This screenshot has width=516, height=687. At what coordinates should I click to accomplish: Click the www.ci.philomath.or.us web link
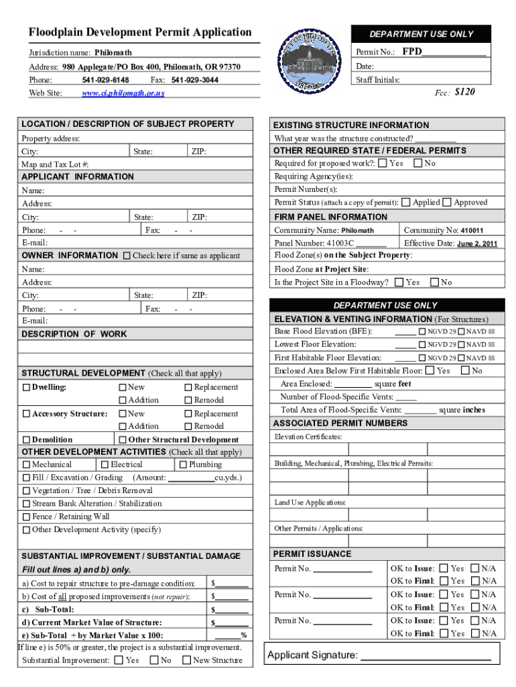(x=123, y=93)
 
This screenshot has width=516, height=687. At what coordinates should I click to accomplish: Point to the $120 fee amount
(x=464, y=92)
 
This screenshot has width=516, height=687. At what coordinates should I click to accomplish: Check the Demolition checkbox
(x=26, y=440)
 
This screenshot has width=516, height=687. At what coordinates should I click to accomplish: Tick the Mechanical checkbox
(x=26, y=464)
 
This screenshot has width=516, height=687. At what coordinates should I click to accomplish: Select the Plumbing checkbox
(x=183, y=464)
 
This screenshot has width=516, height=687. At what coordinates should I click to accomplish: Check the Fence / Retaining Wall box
(x=26, y=517)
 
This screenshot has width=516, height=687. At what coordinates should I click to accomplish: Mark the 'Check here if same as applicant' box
(x=127, y=256)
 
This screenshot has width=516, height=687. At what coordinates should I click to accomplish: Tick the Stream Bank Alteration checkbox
(x=26, y=503)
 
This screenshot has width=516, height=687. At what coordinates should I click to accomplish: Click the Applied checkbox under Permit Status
(x=407, y=202)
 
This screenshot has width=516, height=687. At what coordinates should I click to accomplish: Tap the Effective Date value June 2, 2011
(x=477, y=244)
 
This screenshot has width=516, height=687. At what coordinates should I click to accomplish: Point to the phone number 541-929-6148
(x=106, y=80)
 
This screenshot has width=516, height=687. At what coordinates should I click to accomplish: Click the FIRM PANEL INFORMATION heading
(x=331, y=217)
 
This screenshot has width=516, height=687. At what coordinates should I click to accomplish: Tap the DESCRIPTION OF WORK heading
(x=74, y=334)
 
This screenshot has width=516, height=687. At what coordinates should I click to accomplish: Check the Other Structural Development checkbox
(x=123, y=440)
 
